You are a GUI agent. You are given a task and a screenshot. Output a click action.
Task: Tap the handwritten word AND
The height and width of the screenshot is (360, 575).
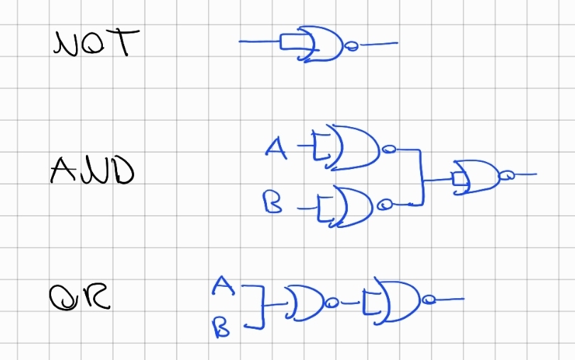(x=92, y=170)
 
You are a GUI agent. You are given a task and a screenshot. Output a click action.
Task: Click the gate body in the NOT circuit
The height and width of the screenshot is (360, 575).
(x=322, y=44)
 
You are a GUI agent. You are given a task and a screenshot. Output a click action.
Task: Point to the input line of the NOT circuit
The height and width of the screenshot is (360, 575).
(x=259, y=41)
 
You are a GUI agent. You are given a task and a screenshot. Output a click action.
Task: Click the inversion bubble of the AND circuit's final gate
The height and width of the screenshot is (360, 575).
(x=506, y=175)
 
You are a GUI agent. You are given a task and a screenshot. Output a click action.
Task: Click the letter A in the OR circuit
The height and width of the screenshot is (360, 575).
(x=222, y=285)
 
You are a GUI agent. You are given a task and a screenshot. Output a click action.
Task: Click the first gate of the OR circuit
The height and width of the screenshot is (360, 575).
(x=305, y=303)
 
